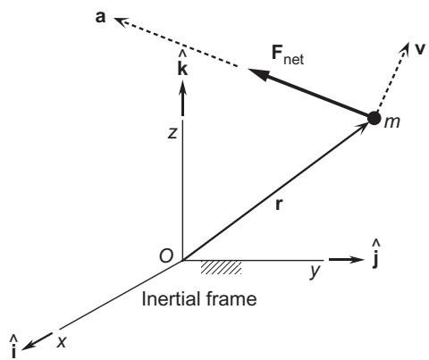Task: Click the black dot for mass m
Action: pos(374,118)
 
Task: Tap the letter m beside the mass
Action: pos(391,122)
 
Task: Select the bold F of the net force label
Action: pos(277,53)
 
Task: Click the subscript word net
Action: pos(294,59)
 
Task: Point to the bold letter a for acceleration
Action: pos(100,17)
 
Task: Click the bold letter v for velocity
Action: pos(420,49)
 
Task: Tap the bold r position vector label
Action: pos(279,205)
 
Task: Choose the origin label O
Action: pos(166,256)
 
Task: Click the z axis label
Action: pos(172,133)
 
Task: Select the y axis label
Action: pos(315,271)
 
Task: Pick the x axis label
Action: pos(62,341)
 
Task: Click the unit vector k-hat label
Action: pos(182,65)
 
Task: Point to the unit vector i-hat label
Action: pos(13,347)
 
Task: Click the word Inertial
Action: pos(169,298)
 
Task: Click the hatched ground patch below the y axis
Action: pos(221,267)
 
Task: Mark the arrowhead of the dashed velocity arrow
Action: pos(406,47)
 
